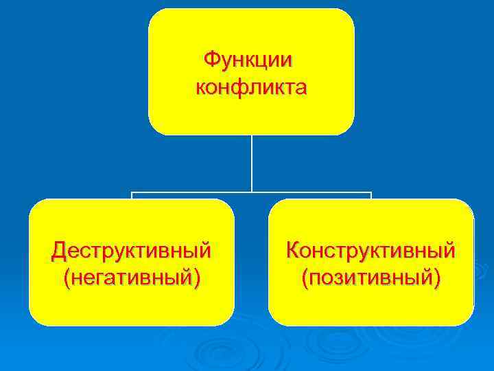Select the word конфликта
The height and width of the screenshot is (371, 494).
251,88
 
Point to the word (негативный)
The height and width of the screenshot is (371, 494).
131,278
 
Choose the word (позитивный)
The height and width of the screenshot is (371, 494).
370,278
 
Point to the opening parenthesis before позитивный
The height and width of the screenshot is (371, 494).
304,279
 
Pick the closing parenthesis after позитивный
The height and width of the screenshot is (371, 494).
437,279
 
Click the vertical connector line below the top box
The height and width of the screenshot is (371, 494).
252,161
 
